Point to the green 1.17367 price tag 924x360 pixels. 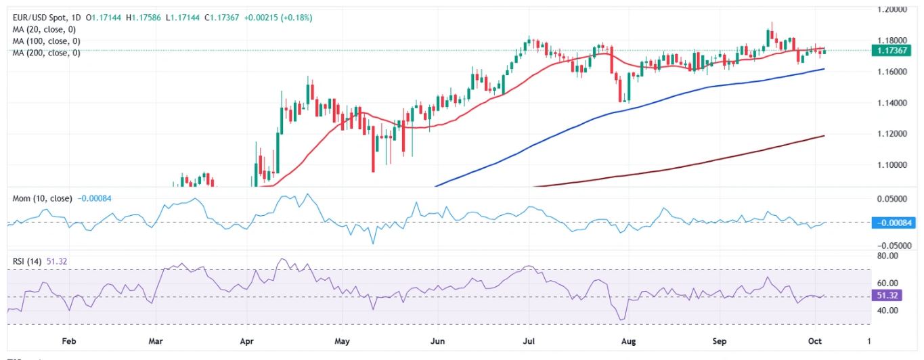[x=896, y=50]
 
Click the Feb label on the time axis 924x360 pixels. [x=68, y=342]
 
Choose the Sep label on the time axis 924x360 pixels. [x=719, y=342]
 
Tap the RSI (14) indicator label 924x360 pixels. [x=28, y=261]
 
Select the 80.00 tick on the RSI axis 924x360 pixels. [x=891, y=256]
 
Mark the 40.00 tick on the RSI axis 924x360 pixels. [x=891, y=311]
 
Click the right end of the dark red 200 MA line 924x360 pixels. [x=824, y=136]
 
